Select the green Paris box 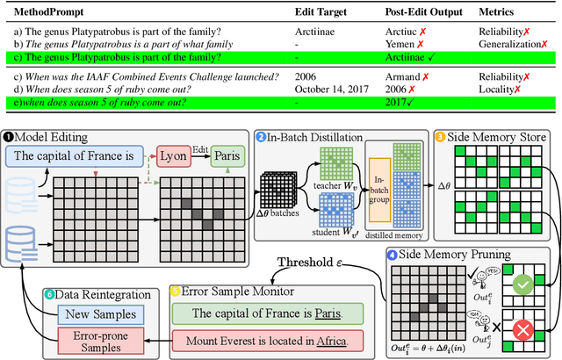point(231,155)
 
